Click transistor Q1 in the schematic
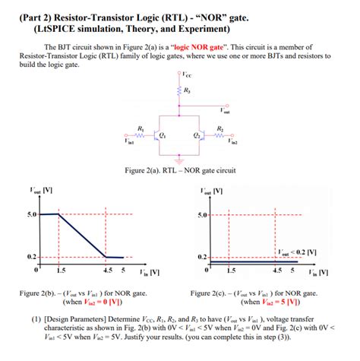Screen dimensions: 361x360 click(157, 138)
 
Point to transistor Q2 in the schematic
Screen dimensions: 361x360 click(201, 138)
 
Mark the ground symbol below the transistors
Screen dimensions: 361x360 click(180, 161)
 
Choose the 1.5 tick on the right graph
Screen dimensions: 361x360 click(231, 271)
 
